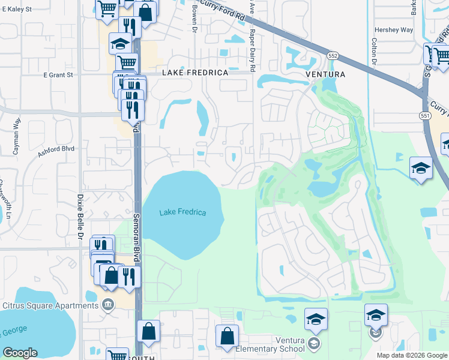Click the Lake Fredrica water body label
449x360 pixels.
(182, 212)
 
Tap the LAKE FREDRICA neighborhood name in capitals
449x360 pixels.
(196, 73)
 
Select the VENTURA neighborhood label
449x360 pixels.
(325, 74)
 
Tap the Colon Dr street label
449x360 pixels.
(373, 52)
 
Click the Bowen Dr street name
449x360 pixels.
(194, 22)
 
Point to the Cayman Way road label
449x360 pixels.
(17, 136)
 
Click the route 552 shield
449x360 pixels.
(333, 55)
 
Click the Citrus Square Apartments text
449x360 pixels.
(50, 305)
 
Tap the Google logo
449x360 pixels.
(20, 353)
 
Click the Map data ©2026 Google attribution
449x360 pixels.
(412, 355)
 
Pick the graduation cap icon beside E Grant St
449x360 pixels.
(120, 43)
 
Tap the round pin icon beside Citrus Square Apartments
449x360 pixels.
(108, 304)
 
